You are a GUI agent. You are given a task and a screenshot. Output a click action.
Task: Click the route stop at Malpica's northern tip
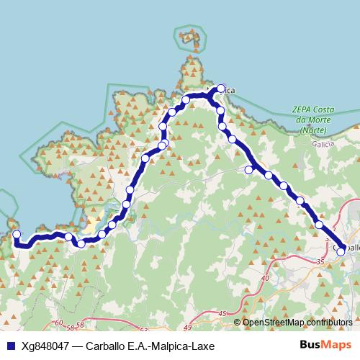click(221, 87)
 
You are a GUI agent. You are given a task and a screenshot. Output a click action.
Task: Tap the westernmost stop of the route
click(16, 234)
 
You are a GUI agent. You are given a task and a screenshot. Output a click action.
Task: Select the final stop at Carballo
click(341, 251)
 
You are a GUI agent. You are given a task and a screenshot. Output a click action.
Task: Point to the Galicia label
click(322, 144)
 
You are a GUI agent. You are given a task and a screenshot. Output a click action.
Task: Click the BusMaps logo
click(325, 345)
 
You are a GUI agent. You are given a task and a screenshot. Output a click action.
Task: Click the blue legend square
click(10, 346)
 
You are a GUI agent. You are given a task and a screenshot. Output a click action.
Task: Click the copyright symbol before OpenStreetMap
click(238, 323)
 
